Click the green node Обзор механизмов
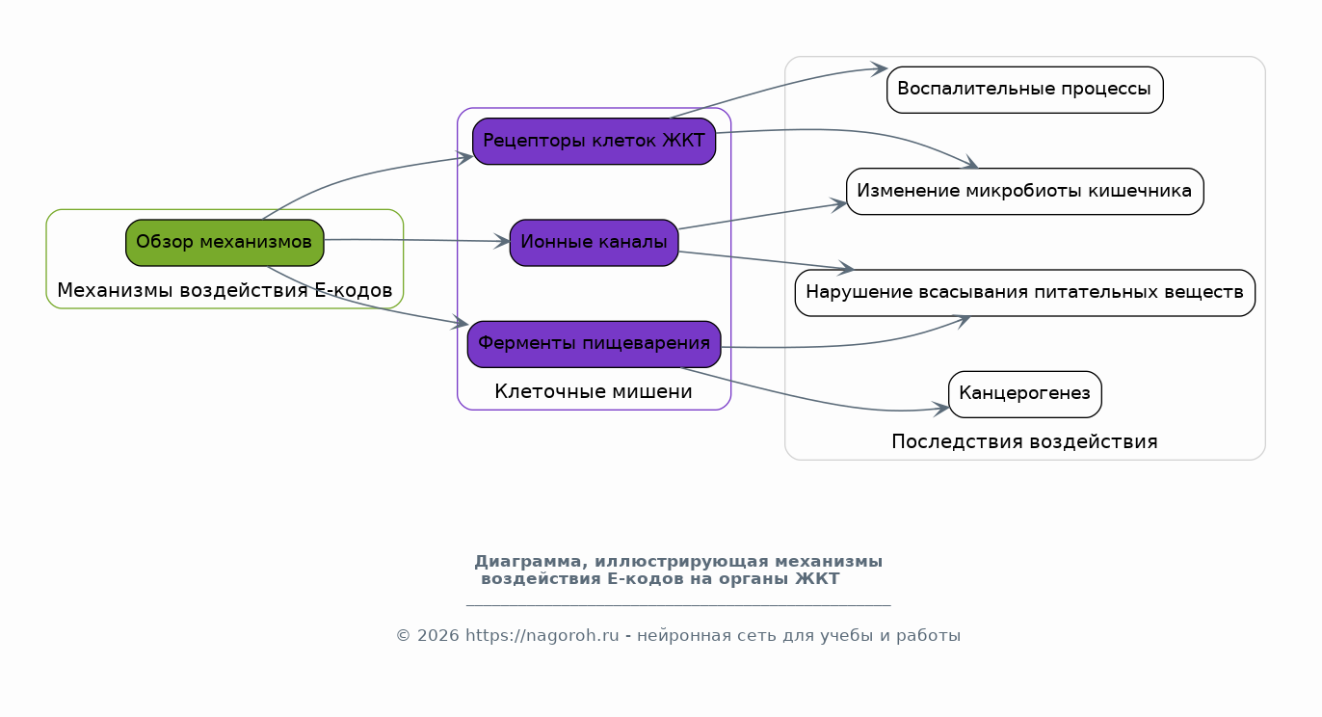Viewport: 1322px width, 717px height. (x=225, y=243)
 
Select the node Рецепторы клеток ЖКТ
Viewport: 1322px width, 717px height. (x=594, y=141)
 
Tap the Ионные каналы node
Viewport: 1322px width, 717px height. (x=594, y=243)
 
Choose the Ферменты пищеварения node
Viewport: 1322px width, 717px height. (x=594, y=344)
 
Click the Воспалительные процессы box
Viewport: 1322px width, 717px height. (x=1024, y=90)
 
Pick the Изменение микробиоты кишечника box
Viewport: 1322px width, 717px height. (x=1024, y=191)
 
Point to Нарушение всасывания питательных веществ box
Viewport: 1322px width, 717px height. (x=1024, y=293)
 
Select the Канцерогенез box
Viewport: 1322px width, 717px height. (x=1024, y=394)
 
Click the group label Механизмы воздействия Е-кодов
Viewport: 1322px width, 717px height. (x=225, y=290)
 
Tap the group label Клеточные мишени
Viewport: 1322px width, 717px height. (x=594, y=392)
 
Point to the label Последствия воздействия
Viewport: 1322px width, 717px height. (x=1024, y=442)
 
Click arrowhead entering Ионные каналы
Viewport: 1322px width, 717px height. (x=502, y=241)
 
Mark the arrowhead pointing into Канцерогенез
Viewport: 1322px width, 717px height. (x=940, y=409)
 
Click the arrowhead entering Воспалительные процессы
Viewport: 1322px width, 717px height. (x=880, y=68)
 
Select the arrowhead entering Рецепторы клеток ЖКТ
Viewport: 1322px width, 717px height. (x=464, y=157)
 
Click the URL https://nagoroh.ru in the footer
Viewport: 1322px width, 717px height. (x=542, y=635)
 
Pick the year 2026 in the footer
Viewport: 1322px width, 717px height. (x=437, y=635)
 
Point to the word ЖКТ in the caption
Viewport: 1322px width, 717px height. (x=817, y=579)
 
